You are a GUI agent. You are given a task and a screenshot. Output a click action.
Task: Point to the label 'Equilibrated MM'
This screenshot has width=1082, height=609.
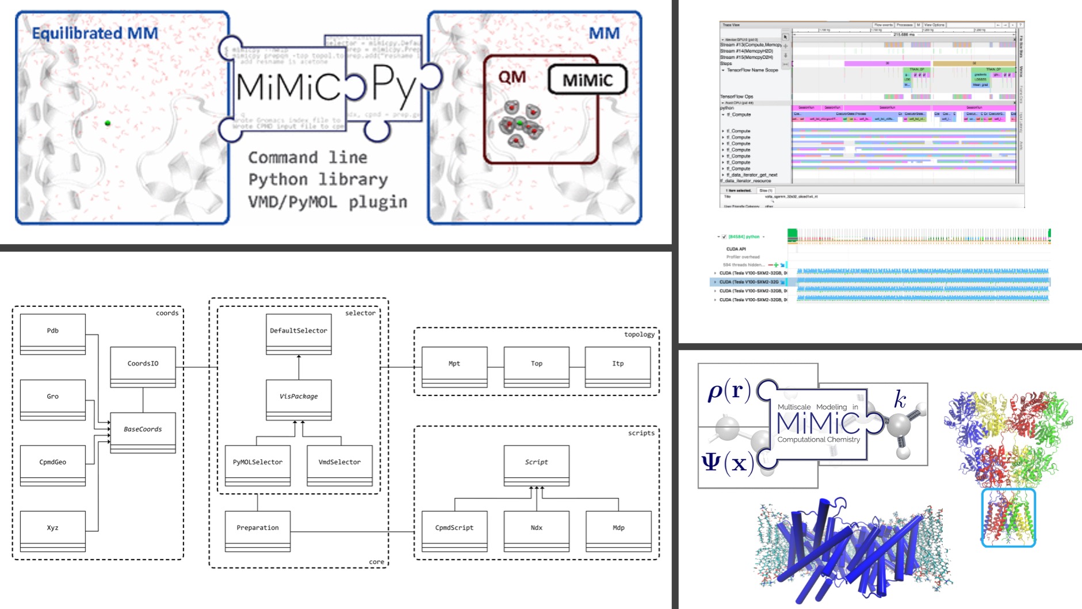pos(95,33)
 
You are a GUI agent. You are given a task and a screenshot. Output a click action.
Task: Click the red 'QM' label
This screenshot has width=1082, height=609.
pos(512,77)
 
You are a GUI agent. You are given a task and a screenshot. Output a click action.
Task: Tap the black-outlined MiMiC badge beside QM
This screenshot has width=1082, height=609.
pos(587,80)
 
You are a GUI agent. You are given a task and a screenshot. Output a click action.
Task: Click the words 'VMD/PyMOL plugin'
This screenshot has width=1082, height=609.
pos(327,202)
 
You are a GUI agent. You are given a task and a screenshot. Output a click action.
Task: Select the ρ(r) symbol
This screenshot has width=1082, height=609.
pos(729,391)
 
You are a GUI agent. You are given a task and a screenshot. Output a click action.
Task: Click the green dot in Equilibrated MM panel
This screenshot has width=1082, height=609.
pos(108,123)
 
